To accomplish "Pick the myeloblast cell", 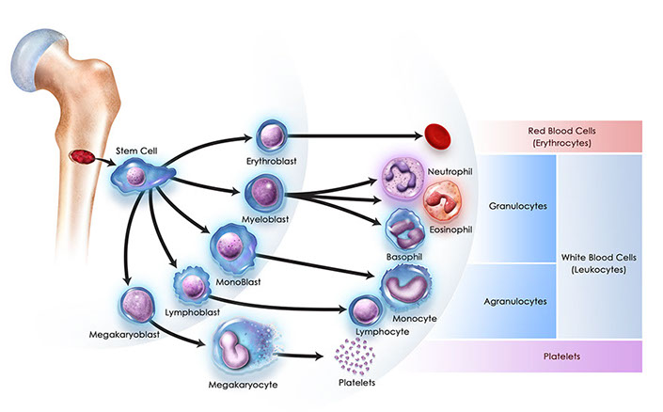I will (x=262, y=193).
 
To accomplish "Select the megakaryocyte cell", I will (x=235, y=346).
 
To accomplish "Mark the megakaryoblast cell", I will (x=138, y=303).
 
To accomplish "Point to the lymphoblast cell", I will (x=191, y=285).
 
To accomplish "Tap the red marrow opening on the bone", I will (x=85, y=153).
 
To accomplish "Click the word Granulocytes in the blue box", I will (x=518, y=203).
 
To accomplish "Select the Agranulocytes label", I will (x=518, y=300).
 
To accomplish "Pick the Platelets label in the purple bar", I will (x=560, y=357).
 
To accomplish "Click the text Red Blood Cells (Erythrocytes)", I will (x=561, y=135).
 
